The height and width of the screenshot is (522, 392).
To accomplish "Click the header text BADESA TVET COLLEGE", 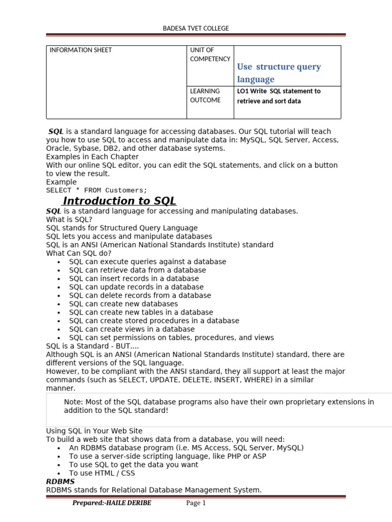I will click(195, 29).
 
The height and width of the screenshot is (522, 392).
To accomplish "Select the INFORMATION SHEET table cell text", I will click(80, 50).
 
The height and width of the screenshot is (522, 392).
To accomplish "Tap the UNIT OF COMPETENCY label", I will click(210, 55).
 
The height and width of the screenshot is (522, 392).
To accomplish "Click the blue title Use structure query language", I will click(279, 73).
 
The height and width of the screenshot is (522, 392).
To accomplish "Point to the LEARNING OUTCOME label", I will click(205, 96).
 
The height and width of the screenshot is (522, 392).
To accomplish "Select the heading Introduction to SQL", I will click(119, 201).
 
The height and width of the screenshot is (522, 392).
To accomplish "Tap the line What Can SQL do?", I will click(79, 253).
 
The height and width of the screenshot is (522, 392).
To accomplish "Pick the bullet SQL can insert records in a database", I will click(134, 279).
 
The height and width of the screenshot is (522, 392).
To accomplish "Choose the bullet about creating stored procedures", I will click(154, 321).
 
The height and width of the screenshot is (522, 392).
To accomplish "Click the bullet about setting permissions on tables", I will click(171, 337).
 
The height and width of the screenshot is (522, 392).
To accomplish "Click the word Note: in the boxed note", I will click(73, 402).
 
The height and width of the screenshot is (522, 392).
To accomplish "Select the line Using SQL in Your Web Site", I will click(94, 431).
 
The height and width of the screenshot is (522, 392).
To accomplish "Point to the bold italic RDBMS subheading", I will click(60, 481).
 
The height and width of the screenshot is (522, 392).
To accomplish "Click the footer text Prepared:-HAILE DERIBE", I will click(112, 504).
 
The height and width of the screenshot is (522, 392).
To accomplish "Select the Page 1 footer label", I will click(195, 504).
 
